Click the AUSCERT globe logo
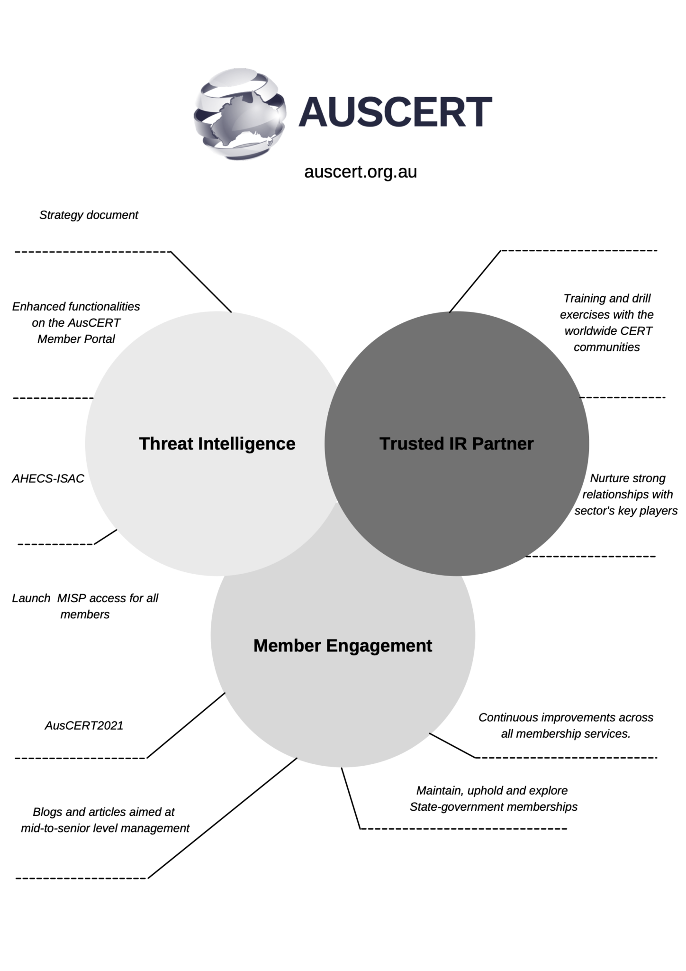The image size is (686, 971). tap(240, 113)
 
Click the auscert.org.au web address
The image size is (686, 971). tap(361, 172)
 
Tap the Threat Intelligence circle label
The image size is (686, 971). tap(217, 444)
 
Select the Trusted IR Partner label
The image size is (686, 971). tap(456, 444)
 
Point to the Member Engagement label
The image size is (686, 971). tap(343, 646)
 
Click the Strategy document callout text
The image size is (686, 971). tap(89, 215)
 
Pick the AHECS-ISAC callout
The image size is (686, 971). tap(48, 478)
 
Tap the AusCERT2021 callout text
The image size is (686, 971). tap(84, 725)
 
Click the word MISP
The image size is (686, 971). tap(72, 598)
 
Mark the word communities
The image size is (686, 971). tap(606, 348)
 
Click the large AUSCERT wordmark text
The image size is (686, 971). tap(395, 112)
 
